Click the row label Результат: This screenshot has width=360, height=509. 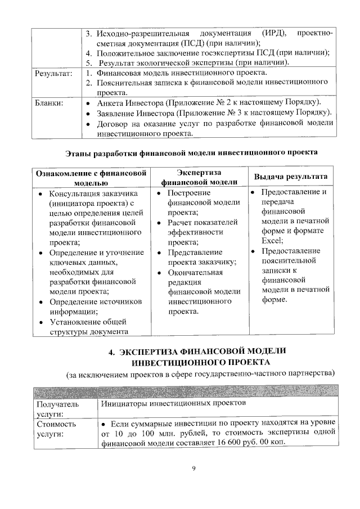pos(53,73)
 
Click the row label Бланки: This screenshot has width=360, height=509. pos(49,103)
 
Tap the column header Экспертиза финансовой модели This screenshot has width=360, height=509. pos(198,176)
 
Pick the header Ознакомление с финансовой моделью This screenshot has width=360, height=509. pos(91,177)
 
